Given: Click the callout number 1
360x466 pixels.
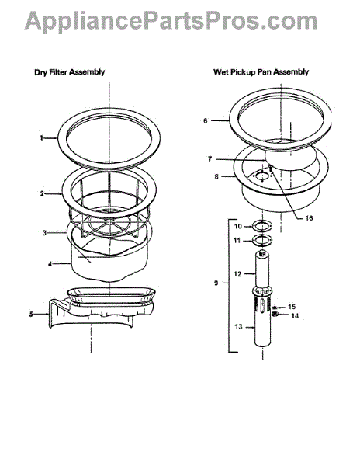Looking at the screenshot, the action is [42, 138].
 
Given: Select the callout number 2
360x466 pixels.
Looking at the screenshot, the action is [42, 193].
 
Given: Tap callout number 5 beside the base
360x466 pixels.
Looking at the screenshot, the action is [31, 314].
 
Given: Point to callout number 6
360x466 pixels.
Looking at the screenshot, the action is [206, 120].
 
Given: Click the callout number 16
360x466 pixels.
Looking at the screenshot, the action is [309, 218].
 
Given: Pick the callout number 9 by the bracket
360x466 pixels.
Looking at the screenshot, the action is [216, 283].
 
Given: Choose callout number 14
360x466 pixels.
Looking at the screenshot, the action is [295, 316].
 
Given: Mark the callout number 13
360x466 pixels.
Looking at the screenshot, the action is [239, 327].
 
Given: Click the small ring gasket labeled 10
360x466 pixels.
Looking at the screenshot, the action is [262, 226].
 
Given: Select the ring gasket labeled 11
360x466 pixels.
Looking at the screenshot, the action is [262, 241].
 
